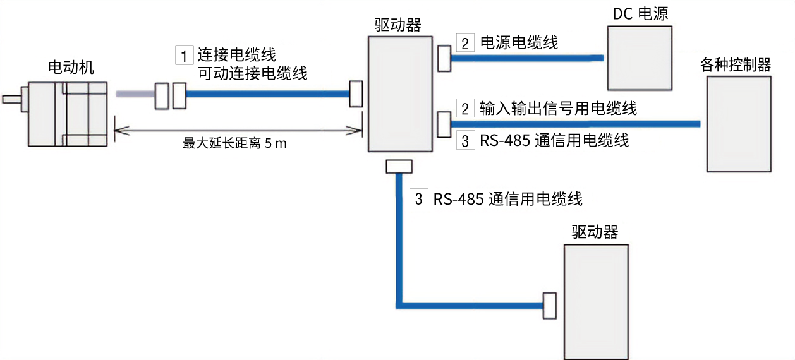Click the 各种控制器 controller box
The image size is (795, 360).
(x=739, y=123)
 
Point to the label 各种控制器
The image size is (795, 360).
(x=736, y=65)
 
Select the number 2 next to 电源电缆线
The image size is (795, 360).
(x=465, y=44)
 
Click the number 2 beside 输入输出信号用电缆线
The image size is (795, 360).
(x=465, y=109)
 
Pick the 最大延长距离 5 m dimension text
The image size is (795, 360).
(x=234, y=143)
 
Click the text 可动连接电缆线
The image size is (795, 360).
(x=253, y=73)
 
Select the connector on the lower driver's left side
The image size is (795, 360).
(x=549, y=305)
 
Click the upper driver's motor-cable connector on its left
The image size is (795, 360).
(x=356, y=93)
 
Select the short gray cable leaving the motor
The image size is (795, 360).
(x=135, y=94)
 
